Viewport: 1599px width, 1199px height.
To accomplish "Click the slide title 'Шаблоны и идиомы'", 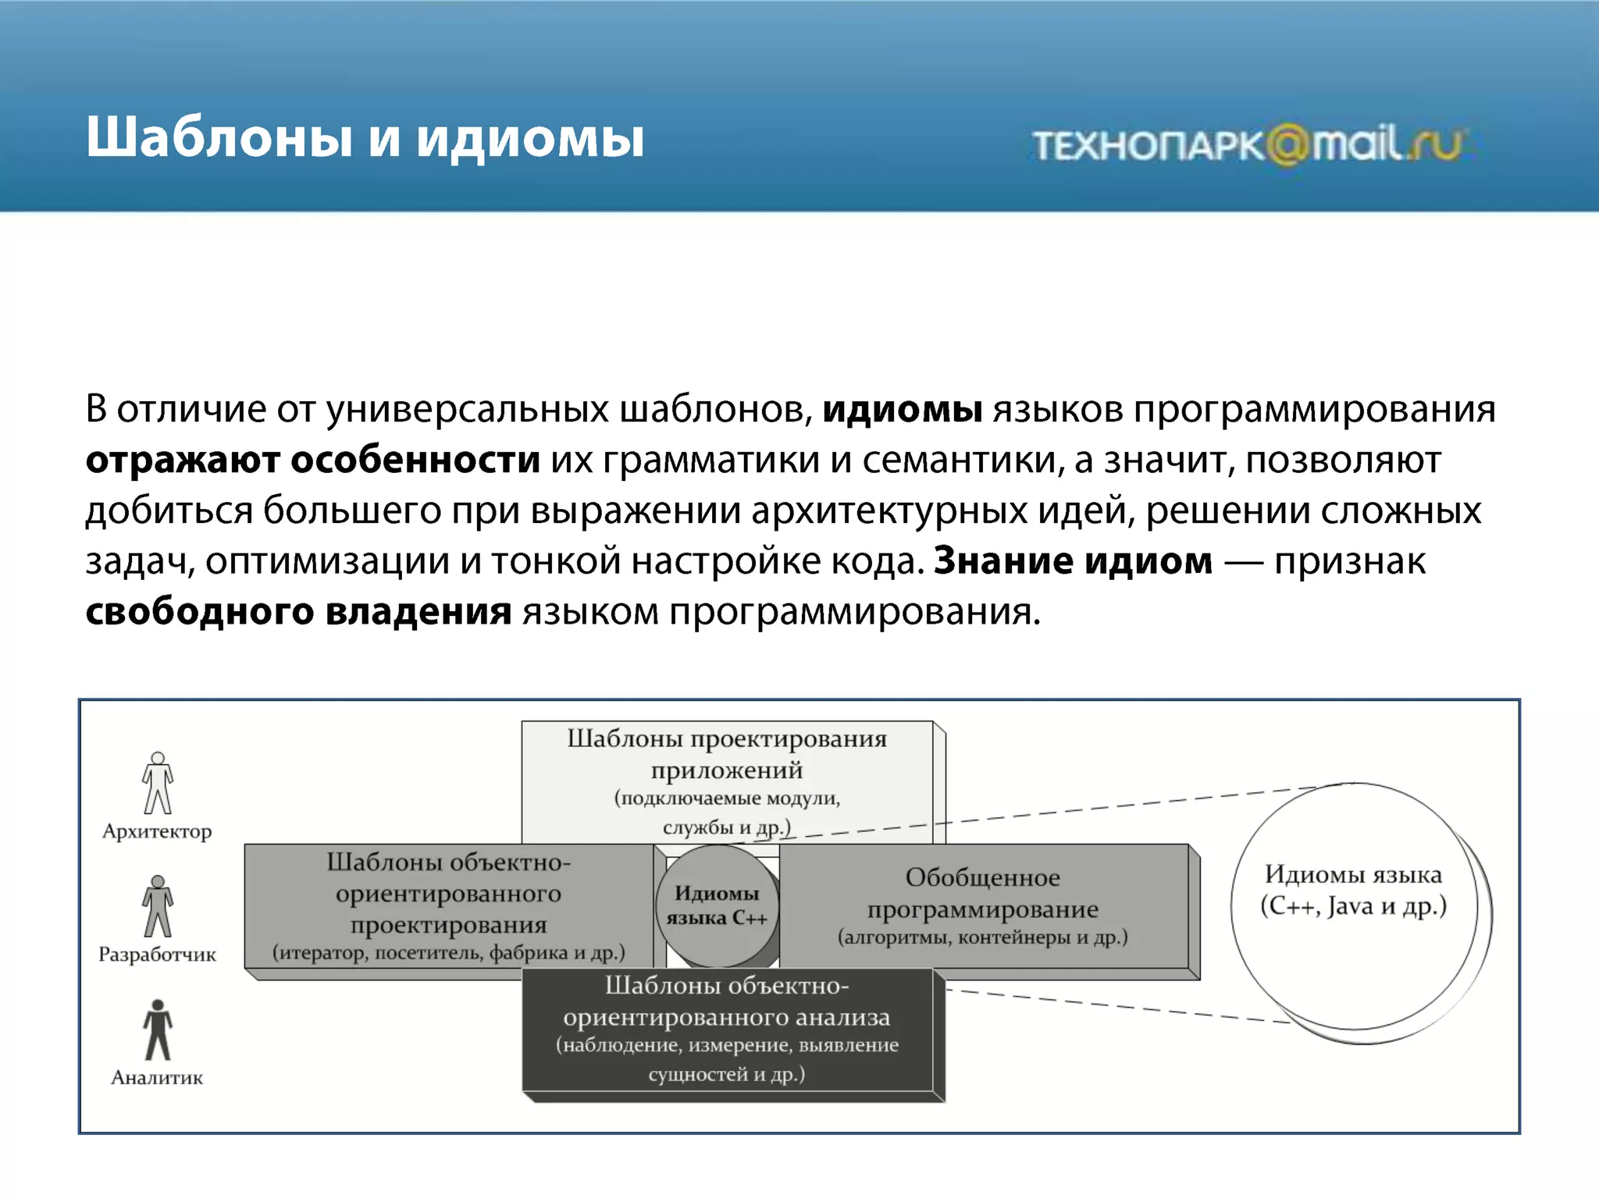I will (365, 138).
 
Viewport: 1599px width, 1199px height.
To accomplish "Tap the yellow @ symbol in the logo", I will (1287, 145).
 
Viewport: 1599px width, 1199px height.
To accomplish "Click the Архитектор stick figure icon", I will (158, 783).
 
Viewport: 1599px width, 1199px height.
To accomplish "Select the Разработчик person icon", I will (158, 906).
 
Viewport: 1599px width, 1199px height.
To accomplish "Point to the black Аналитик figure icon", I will (158, 1030).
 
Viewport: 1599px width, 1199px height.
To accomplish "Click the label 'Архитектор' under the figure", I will (157, 831).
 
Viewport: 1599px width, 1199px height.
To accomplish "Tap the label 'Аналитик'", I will (157, 1078).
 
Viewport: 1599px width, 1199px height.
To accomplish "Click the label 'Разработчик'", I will (157, 955).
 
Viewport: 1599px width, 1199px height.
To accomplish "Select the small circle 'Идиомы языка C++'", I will (717, 906).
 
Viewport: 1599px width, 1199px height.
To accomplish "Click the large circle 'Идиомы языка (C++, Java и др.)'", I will (1354, 905).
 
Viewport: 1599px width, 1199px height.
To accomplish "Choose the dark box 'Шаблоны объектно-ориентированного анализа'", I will (728, 1030).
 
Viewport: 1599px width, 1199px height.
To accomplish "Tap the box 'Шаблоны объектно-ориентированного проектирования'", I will (448, 905).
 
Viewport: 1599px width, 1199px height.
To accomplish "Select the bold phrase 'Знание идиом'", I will (1074, 561).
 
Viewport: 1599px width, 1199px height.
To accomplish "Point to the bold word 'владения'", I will (418, 612).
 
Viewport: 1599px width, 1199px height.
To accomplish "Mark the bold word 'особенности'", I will (415, 461).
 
